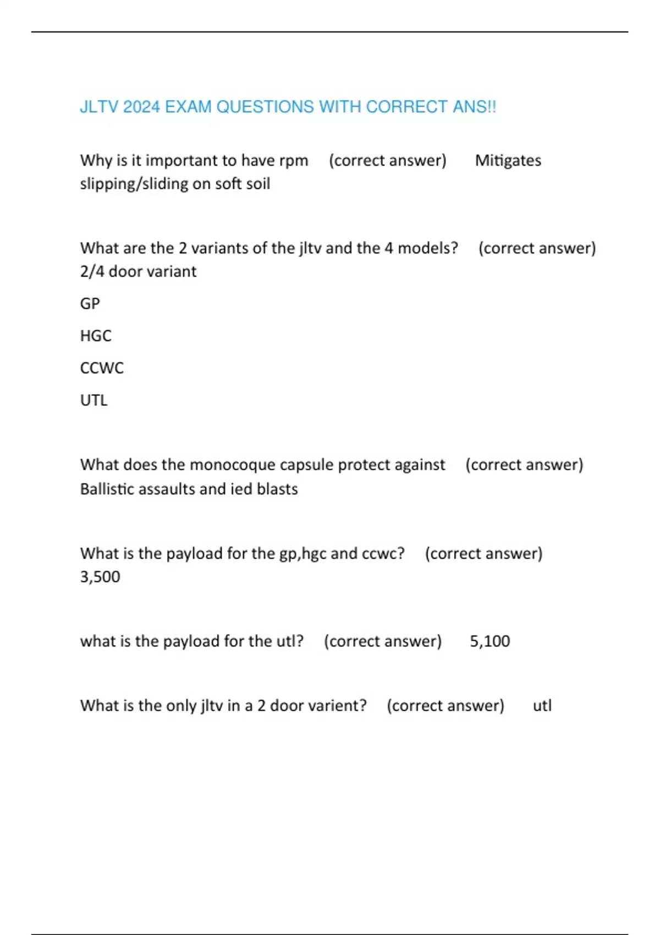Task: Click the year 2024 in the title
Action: (141, 107)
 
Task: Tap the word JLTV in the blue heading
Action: (99, 107)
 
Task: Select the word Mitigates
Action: (508, 161)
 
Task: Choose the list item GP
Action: (90, 304)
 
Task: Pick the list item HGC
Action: (96, 335)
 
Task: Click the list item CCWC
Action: (102, 368)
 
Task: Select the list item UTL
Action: (94, 400)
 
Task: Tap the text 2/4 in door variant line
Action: (92, 272)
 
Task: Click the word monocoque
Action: (232, 465)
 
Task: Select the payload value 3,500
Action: (100, 577)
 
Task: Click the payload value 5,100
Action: (490, 641)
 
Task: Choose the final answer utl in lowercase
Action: (542, 706)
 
